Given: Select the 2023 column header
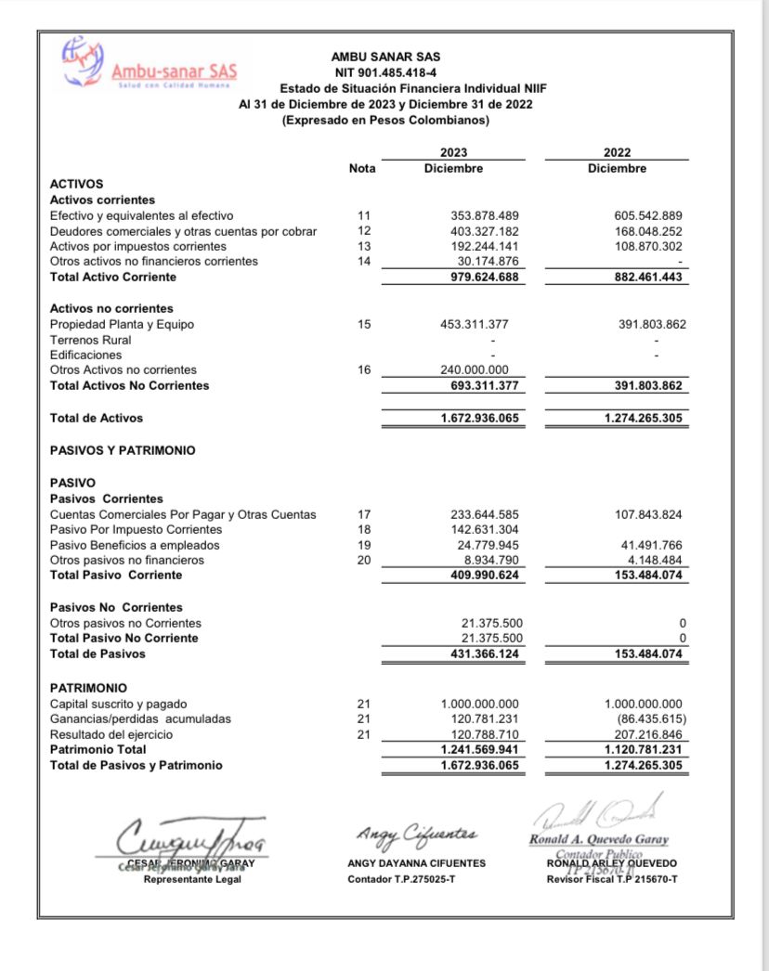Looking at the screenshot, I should click(x=453, y=153).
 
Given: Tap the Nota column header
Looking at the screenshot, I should click(x=362, y=169).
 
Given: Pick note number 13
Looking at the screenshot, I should click(x=363, y=246).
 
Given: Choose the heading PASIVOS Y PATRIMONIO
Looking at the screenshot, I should click(x=123, y=450).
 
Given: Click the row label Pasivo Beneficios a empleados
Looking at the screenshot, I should click(x=135, y=545).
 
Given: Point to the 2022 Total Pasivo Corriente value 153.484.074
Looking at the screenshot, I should click(x=643, y=576).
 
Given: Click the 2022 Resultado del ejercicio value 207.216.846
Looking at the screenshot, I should click(x=643, y=734).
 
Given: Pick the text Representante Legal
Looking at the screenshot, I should click(x=191, y=879).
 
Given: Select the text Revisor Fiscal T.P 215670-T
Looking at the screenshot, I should click(x=612, y=879).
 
